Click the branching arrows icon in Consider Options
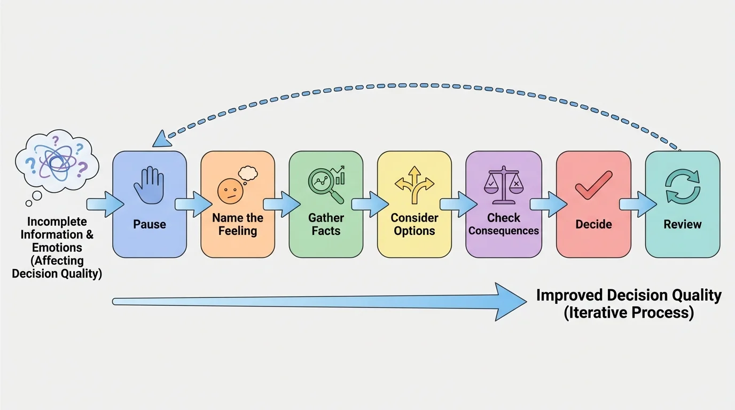[415, 185]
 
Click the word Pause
[150, 224]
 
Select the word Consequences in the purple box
[504, 231]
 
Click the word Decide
[593, 224]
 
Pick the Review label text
[682, 224]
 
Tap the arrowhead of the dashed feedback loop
[161, 140]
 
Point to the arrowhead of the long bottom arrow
[510, 302]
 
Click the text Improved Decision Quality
[629, 295]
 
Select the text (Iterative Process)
[629, 313]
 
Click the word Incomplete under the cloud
[57, 222]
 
